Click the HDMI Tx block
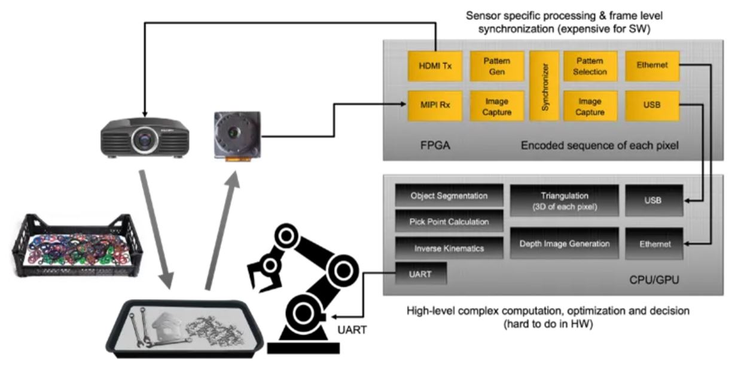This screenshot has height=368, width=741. click(x=434, y=66)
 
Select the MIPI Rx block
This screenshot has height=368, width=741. click(x=434, y=106)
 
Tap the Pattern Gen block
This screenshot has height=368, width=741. click(x=496, y=66)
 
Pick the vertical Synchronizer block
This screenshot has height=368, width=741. click(x=544, y=86)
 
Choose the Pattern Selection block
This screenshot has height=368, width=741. click(x=590, y=66)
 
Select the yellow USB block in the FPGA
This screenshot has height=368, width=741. click(x=652, y=106)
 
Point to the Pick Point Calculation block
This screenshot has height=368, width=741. click(x=449, y=221)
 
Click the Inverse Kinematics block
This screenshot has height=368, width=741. click(x=449, y=248)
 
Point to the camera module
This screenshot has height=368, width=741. click(x=237, y=135)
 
